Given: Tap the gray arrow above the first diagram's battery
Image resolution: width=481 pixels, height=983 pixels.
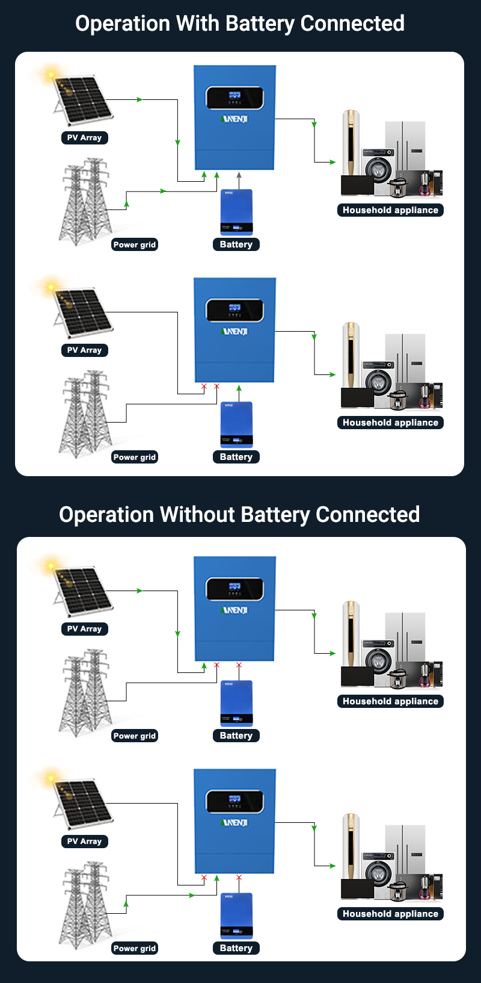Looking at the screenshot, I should [239, 175].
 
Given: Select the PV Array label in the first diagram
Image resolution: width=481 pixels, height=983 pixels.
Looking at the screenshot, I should [84, 138].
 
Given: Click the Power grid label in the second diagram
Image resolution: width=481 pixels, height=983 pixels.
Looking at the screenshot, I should [135, 457].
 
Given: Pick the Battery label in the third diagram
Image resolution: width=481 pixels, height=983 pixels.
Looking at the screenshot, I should [236, 736].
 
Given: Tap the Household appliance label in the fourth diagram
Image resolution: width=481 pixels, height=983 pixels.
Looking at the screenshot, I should [390, 914].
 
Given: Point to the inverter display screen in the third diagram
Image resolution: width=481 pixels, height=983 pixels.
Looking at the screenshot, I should [234, 589].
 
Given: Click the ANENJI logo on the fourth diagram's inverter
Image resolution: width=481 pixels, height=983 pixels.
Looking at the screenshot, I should [234, 823].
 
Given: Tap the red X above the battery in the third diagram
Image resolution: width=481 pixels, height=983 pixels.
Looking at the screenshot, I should [239, 665].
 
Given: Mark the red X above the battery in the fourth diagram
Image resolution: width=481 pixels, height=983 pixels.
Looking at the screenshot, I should [239, 878].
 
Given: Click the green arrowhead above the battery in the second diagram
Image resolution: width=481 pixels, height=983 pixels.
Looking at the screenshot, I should [239, 388].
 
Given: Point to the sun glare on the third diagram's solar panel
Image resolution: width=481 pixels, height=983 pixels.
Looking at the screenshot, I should [51, 565].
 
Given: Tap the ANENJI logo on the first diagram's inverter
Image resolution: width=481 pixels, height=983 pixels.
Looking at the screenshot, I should [234, 119].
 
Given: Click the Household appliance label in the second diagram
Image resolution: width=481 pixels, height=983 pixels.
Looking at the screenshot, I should [390, 423].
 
